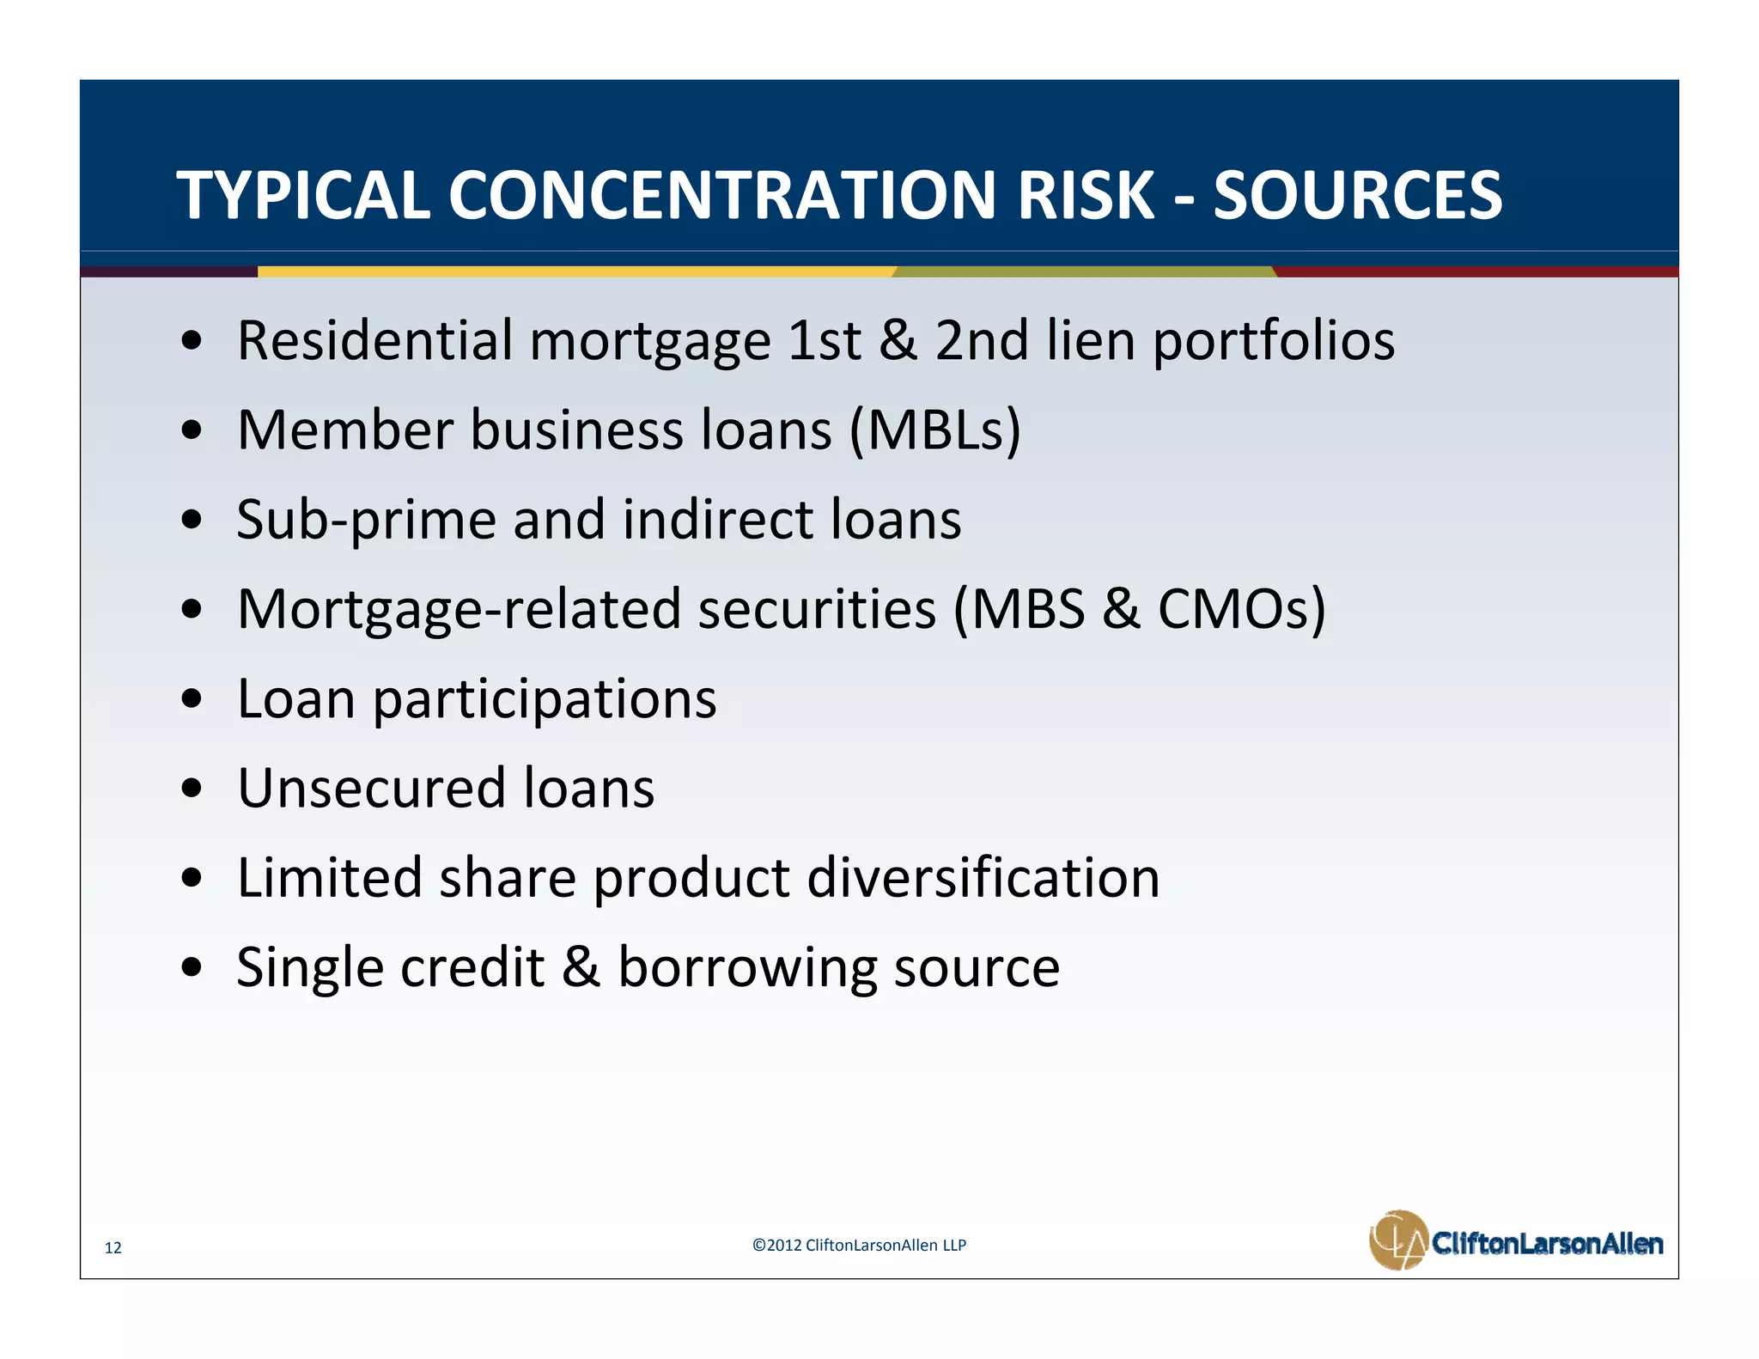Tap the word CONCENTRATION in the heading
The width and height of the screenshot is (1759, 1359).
tap(723, 196)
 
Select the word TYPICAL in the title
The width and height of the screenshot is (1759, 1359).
tap(302, 196)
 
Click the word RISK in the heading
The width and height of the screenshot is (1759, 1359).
tap(1086, 196)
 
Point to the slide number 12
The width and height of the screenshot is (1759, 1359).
tap(113, 1247)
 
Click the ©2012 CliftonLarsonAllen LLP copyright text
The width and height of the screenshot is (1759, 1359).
tap(859, 1245)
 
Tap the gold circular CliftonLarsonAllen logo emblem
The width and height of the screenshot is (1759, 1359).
tap(1398, 1240)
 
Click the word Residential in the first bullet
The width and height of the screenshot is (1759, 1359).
tap(374, 340)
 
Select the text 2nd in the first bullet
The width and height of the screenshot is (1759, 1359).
tap(981, 340)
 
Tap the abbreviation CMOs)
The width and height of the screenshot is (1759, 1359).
tap(1241, 610)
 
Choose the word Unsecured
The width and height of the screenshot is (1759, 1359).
tap(371, 789)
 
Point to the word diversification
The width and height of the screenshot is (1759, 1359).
tap(983, 878)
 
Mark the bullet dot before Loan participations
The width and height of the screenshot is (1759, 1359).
tap(192, 699)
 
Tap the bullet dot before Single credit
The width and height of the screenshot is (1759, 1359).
tap(192, 968)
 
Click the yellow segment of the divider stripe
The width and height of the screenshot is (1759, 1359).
tap(575, 271)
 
